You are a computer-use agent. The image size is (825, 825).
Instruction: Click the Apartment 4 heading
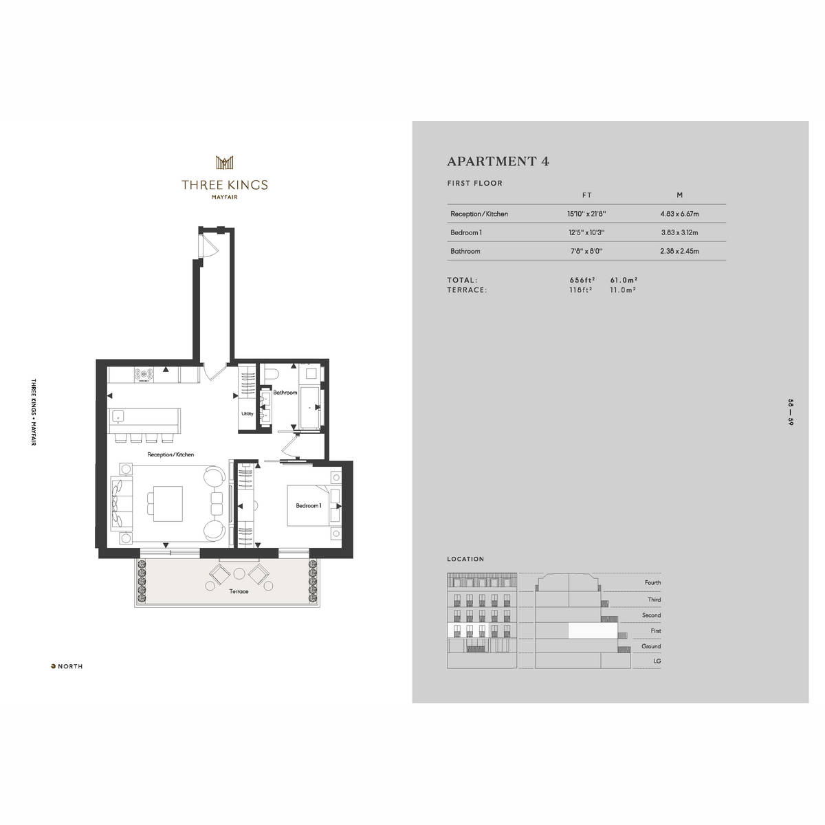[x=498, y=162]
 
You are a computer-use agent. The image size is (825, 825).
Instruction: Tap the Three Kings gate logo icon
[x=224, y=162]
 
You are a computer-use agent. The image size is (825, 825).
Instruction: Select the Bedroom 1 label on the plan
[x=308, y=505]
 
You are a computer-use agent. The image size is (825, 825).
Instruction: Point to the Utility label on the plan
[x=247, y=414]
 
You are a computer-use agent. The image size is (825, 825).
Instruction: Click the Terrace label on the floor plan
[x=239, y=591]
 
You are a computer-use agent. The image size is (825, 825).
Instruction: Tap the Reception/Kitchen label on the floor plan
[x=170, y=454]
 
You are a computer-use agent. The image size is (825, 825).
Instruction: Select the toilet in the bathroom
[x=271, y=373]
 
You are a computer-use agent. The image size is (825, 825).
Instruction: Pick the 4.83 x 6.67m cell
[x=679, y=214]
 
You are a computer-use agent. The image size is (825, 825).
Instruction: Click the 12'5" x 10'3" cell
[x=586, y=232]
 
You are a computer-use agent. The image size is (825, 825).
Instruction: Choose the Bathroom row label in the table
[x=465, y=252]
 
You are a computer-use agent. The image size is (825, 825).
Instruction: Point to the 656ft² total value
[x=582, y=280]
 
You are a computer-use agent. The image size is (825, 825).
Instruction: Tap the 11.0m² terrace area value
[x=623, y=290]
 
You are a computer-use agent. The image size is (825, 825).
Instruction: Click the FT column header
[x=587, y=195]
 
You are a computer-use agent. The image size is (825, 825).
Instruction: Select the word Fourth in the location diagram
[x=653, y=582]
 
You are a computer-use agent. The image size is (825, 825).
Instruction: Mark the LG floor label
[x=657, y=661]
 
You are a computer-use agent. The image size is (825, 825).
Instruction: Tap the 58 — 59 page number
[x=791, y=412]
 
